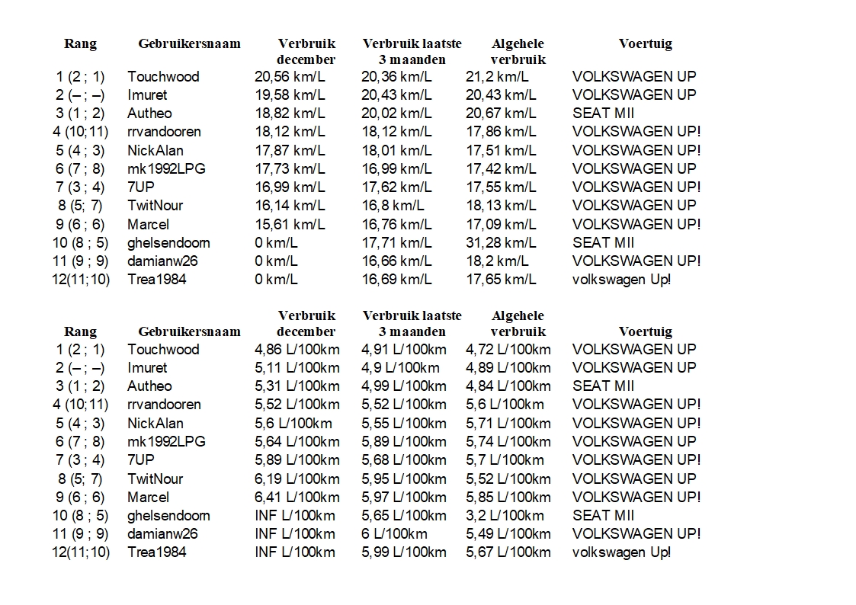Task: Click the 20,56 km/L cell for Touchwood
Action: pyautogui.click(x=290, y=76)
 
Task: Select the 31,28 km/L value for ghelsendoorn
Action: pyautogui.click(x=501, y=242)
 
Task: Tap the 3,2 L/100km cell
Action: pyautogui.click(x=505, y=515)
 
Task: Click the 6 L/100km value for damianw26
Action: pyautogui.click(x=394, y=533)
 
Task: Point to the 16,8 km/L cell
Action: pyautogui.click(x=393, y=205)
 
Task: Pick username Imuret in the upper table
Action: pyautogui.click(x=147, y=94)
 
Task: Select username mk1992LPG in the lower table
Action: pyautogui.click(x=166, y=441)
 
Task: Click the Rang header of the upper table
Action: pyautogui.click(x=80, y=43)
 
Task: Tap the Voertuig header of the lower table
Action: pyautogui.click(x=645, y=331)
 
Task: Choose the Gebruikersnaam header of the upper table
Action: pyautogui.click(x=189, y=43)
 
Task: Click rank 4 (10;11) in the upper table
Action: pyautogui.click(x=81, y=131)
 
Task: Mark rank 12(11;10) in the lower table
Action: pyautogui.click(x=81, y=552)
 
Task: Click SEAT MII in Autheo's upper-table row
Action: pyautogui.click(x=603, y=113)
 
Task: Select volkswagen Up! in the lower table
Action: pyautogui.click(x=621, y=552)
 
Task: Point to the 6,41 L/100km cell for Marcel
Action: pyautogui.click(x=297, y=497)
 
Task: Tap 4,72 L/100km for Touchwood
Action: pyautogui.click(x=508, y=349)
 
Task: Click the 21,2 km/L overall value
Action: pyautogui.click(x=497, y=76)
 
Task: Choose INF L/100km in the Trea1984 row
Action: pyautogui.click(x=294, y=552)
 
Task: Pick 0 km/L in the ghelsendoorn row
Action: pyautogui.click(x=276, y=242)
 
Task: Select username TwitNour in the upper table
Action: pyautogui.click(x=155, y=205)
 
